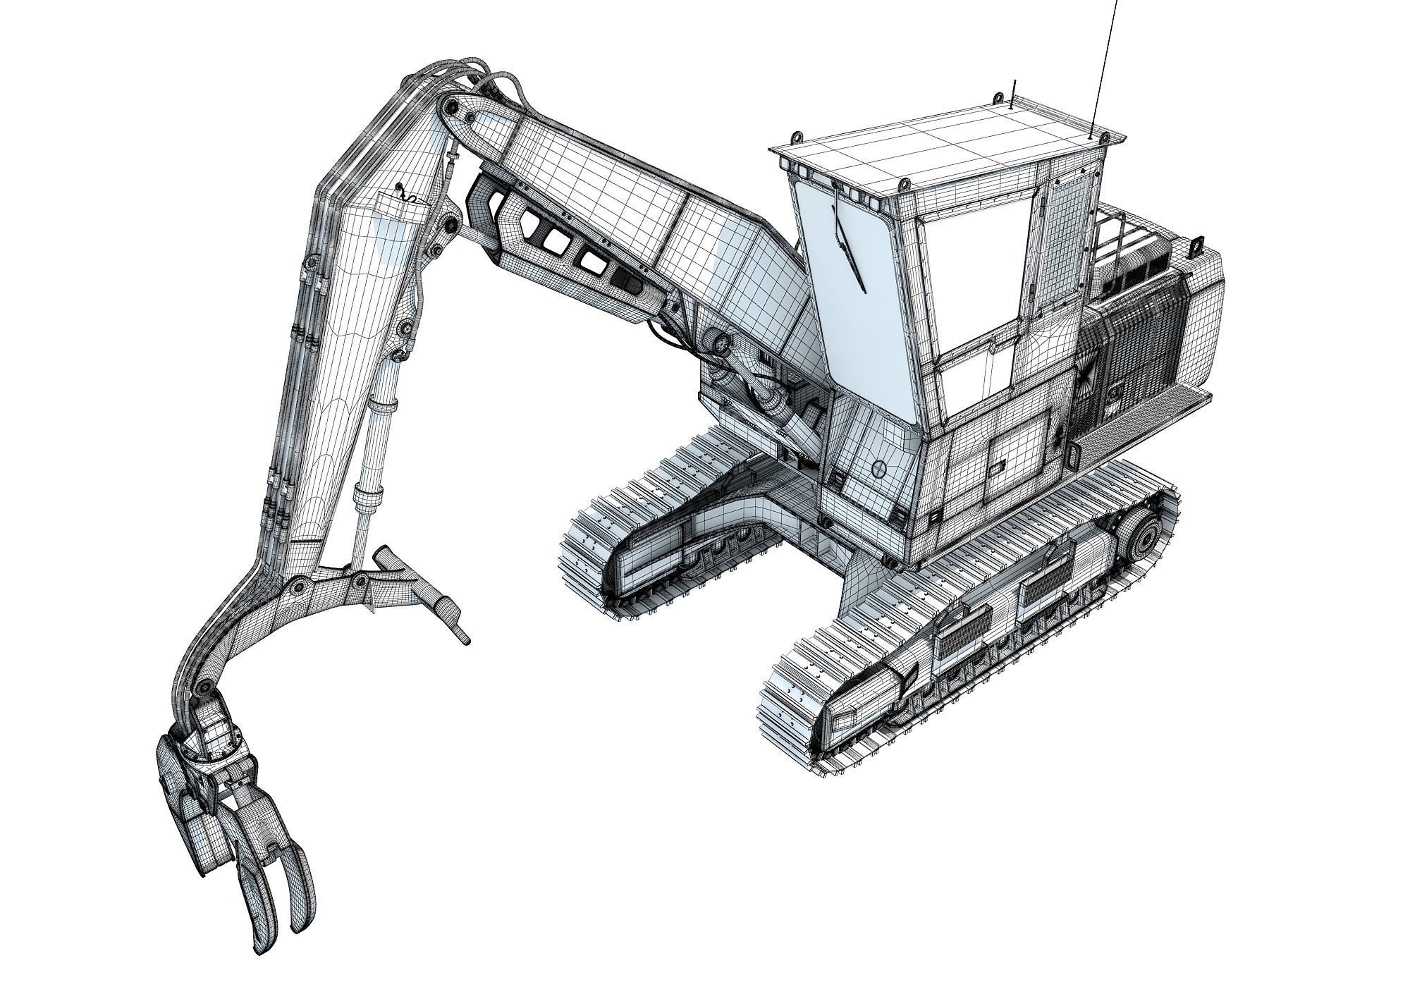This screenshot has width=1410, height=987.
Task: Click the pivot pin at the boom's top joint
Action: [x=449, y=107]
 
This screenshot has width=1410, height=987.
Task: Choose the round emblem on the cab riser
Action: [x=878, y=468]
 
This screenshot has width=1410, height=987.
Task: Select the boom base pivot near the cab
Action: [x=721, y=344]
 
